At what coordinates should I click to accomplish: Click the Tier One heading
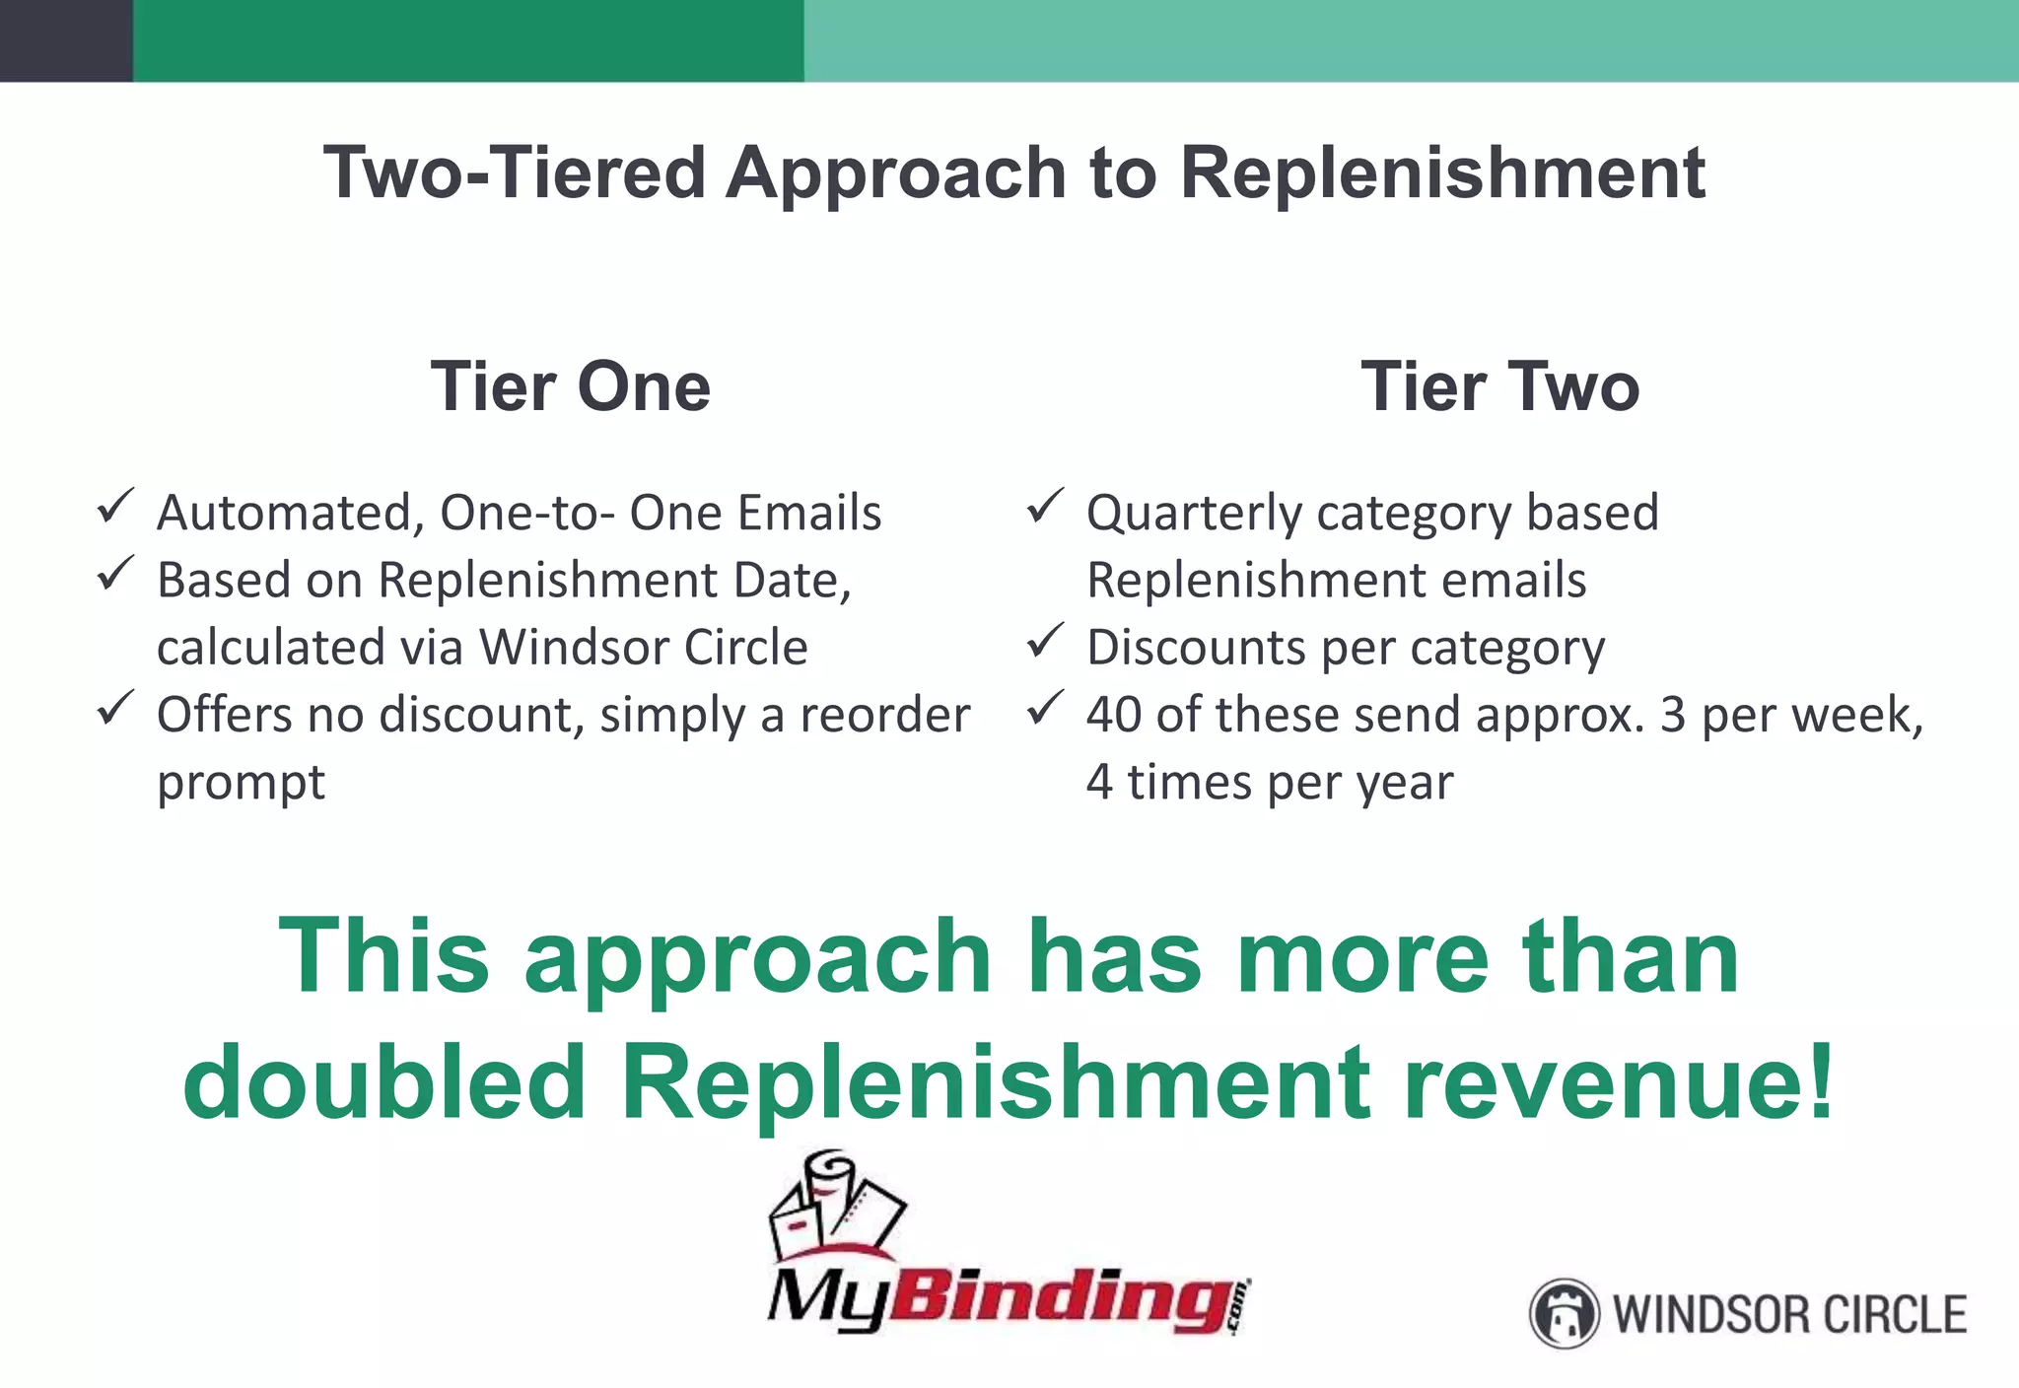[570, 386]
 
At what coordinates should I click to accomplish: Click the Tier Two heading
[1499, 386]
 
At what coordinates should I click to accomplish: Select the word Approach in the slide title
[895, 173]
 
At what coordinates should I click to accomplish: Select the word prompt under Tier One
[241, 784]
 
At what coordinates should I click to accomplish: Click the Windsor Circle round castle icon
[1563, 1313]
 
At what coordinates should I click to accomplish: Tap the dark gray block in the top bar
[65, 39]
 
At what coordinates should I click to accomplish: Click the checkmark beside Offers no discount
[115, 709]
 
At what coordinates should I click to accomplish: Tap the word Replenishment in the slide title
[1442, 173]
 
